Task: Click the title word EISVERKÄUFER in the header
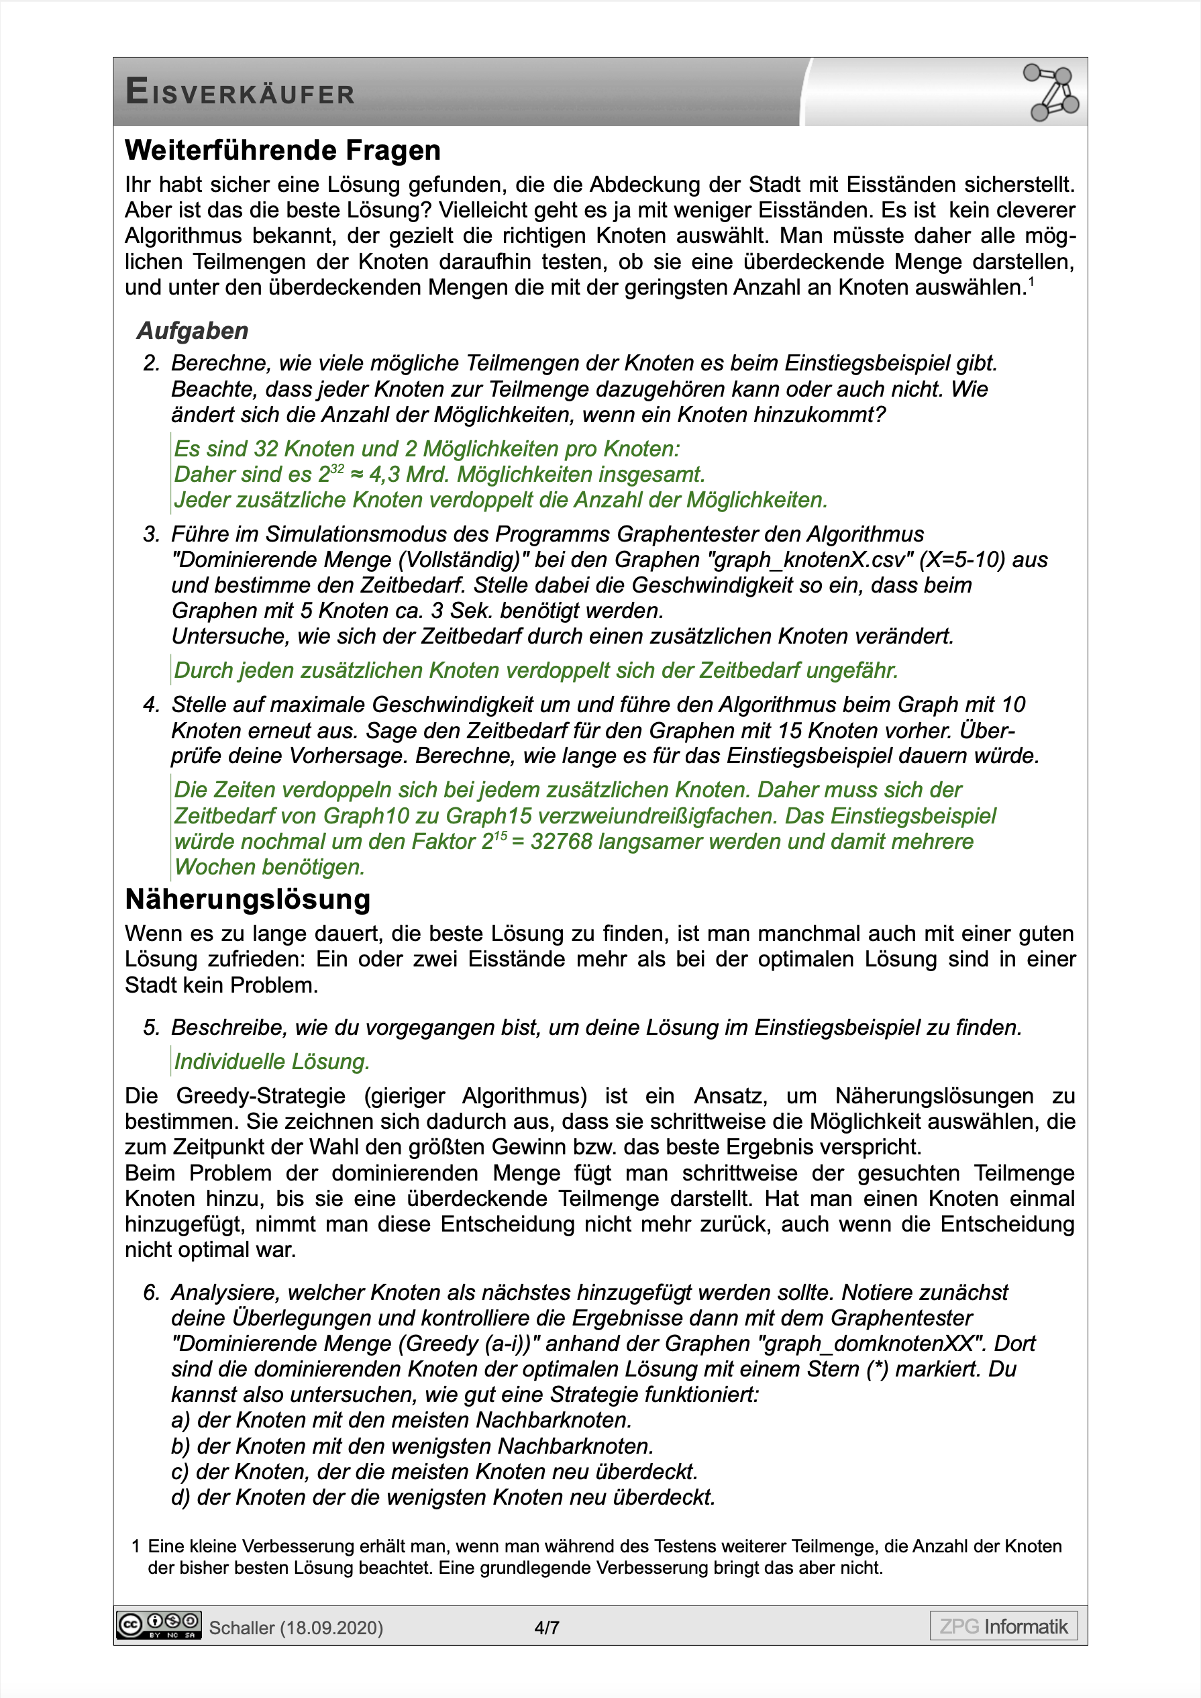pos(240,93)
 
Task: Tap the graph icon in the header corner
pos(1051,92)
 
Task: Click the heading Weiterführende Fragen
pos(282,150)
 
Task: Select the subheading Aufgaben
pos(193,331)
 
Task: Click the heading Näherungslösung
pos(248,899)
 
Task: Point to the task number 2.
pos(151,363)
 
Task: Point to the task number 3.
pos(151,534)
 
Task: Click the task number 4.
pos(151,705)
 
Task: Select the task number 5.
pos(151,1028)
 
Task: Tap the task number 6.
pos(151,1292)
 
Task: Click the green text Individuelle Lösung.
pos(272,1061)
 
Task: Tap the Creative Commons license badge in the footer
pos(158,1626)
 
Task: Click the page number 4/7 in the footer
pos(547,1628)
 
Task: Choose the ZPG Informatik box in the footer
pos(1003,1626)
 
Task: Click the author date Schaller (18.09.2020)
pos(296,1628)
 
